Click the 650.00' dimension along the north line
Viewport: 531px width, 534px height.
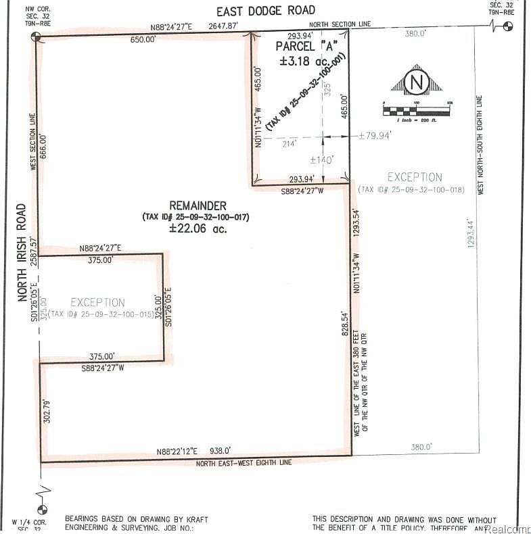[143, 40]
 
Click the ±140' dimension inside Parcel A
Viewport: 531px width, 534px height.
[322, 160]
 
